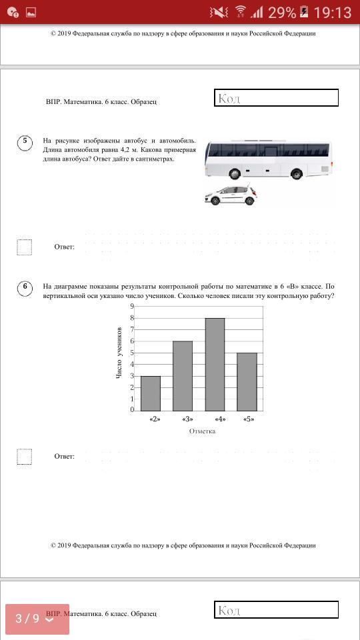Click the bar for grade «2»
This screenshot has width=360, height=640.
(151, 393)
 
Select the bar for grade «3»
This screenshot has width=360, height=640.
(183, 375)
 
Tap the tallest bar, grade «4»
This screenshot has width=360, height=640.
(215, 364)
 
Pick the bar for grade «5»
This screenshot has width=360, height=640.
(247, 381)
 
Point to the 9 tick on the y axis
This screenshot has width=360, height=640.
(132, 306)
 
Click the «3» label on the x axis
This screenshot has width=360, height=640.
(187, 419)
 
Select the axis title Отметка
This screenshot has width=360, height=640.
(202, 431)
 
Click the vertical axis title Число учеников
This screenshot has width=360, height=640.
(119, 353)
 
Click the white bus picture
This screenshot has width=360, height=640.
(269, 160)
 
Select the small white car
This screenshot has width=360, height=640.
(231, 195)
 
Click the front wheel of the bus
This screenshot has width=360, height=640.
(234, 174)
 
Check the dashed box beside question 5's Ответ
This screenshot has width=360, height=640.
(25, 247)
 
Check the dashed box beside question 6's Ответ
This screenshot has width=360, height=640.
(25, 456)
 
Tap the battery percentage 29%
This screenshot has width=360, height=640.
(281, 13)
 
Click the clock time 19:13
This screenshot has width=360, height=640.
(332, 13)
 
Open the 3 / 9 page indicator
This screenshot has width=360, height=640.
(37, 619)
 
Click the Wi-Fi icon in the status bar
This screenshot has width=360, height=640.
(241, 12)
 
